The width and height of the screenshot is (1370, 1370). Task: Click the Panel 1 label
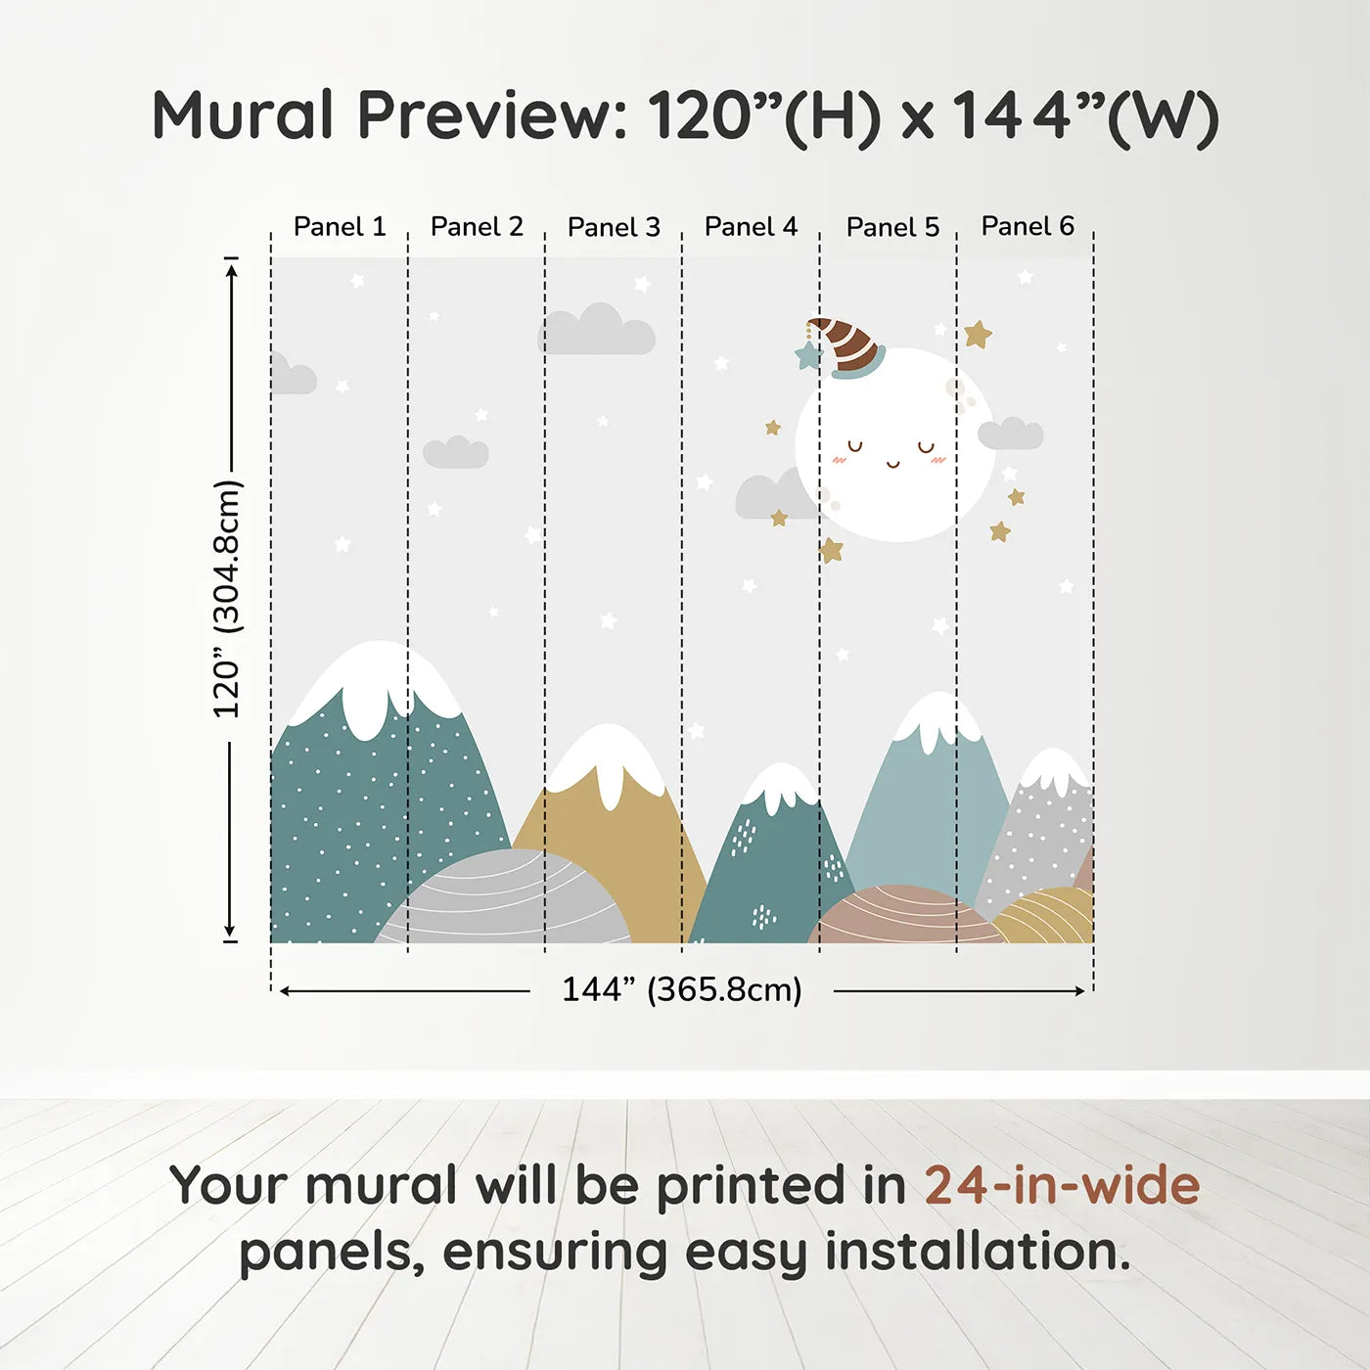tap(340, 227)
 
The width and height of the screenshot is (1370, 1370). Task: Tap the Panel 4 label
tap(751, 227)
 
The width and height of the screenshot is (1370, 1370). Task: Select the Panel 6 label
tap(1027, 226)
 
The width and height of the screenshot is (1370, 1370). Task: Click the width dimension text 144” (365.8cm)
tap(681, 989)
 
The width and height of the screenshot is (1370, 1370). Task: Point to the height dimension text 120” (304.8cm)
tap(227, 599)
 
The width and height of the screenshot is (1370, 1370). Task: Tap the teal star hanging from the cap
tap(808, 356)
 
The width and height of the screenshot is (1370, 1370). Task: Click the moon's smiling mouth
tap(892, 464)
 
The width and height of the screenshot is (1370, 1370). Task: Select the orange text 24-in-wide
tap(1062, 1185)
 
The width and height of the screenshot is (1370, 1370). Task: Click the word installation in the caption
tap(977, 1252)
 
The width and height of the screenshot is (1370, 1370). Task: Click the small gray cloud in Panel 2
tap(456, 452)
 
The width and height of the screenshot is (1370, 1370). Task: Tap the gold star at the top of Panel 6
tap(977, 335)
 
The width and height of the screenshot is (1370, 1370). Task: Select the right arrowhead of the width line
tap(1079, 991)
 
